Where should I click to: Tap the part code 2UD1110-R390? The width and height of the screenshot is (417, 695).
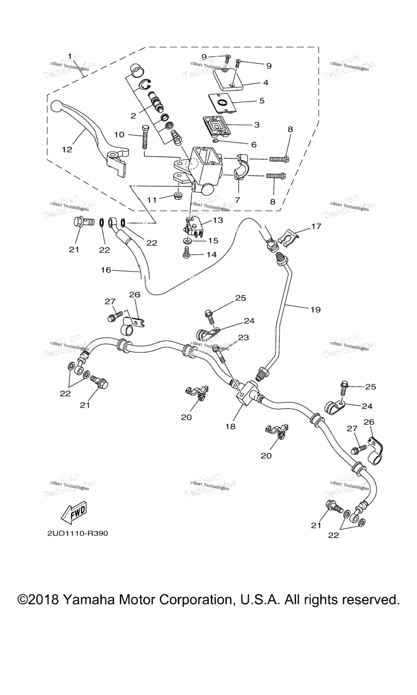[77, 533]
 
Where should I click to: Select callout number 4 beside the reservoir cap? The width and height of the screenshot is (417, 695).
[266, 83]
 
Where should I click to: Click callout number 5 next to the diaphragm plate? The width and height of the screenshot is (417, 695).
[261, 100]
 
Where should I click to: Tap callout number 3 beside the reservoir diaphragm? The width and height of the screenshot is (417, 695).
[257, 124]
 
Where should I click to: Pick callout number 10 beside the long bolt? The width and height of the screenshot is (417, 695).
[118, 134]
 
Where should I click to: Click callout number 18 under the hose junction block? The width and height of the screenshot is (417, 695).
[231, 426]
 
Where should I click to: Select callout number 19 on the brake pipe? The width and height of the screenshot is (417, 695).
[315, 309]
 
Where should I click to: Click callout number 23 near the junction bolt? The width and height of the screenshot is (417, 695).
[243, 337]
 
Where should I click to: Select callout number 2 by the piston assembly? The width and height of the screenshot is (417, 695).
[132, 116]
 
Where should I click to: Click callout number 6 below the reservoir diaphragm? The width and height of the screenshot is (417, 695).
[254, 144]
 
